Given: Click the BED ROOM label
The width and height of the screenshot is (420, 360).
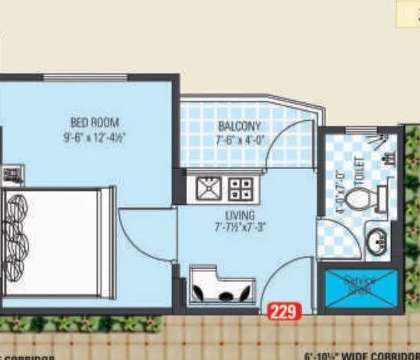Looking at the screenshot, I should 95,122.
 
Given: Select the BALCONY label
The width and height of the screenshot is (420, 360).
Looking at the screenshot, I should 239,126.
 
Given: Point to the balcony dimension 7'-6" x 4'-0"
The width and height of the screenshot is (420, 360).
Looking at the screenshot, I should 239,139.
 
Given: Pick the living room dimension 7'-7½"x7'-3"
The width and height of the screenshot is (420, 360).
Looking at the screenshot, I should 238,227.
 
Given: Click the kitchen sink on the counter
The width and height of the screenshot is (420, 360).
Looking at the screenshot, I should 207,186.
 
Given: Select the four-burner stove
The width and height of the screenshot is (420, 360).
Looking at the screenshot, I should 241,186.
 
